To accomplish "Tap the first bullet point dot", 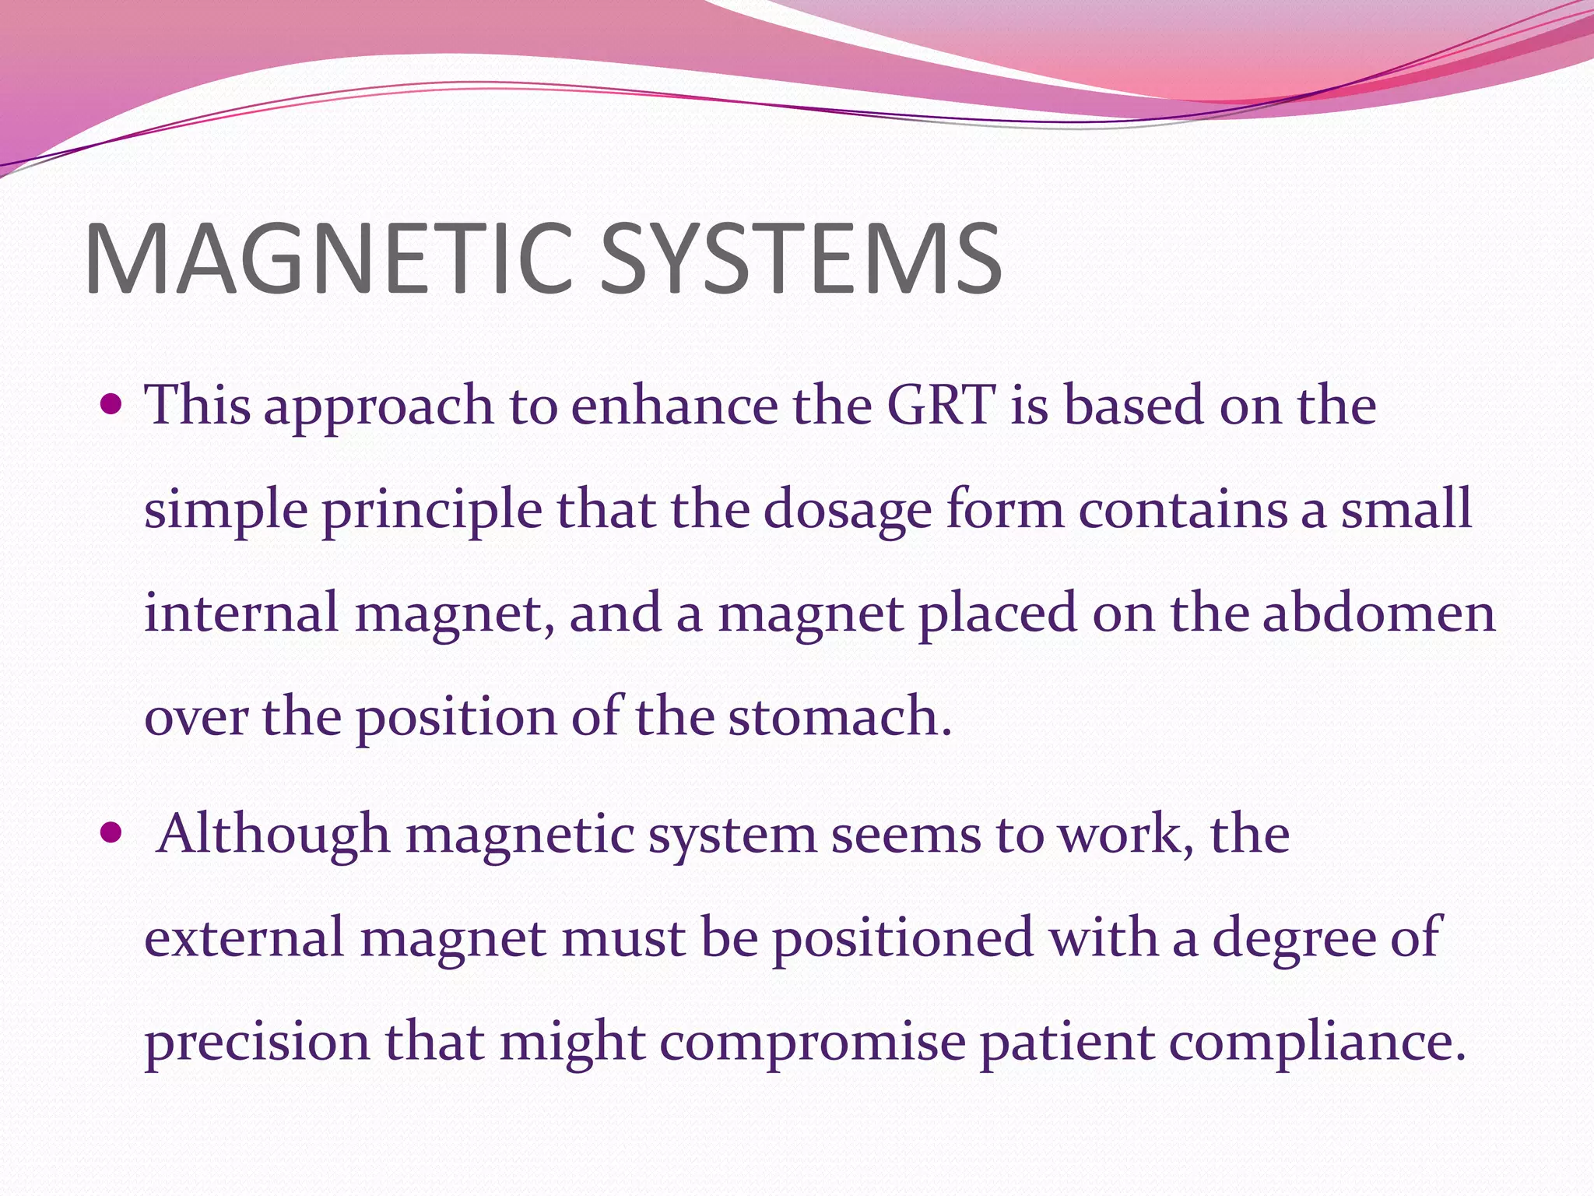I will [112, 406].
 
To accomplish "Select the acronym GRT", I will [941, 406].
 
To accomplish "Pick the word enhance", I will [675, 406].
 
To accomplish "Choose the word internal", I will [241, 612].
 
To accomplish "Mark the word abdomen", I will [1378, 612].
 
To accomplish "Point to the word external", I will [244, 937].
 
